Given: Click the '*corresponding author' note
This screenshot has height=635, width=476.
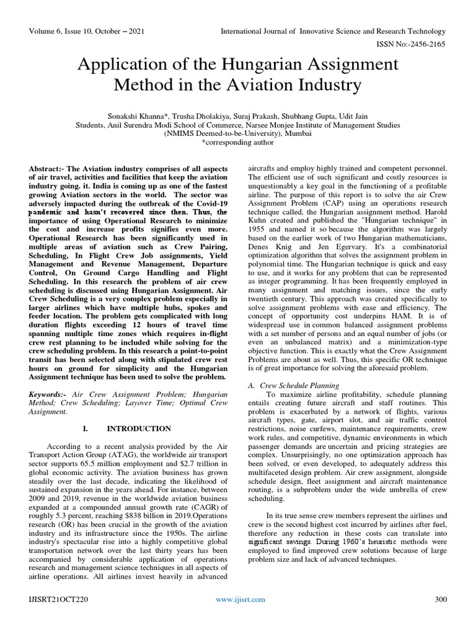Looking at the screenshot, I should click(238, 142).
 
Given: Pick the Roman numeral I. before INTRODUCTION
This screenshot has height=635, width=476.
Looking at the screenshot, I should click(86, 428).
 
